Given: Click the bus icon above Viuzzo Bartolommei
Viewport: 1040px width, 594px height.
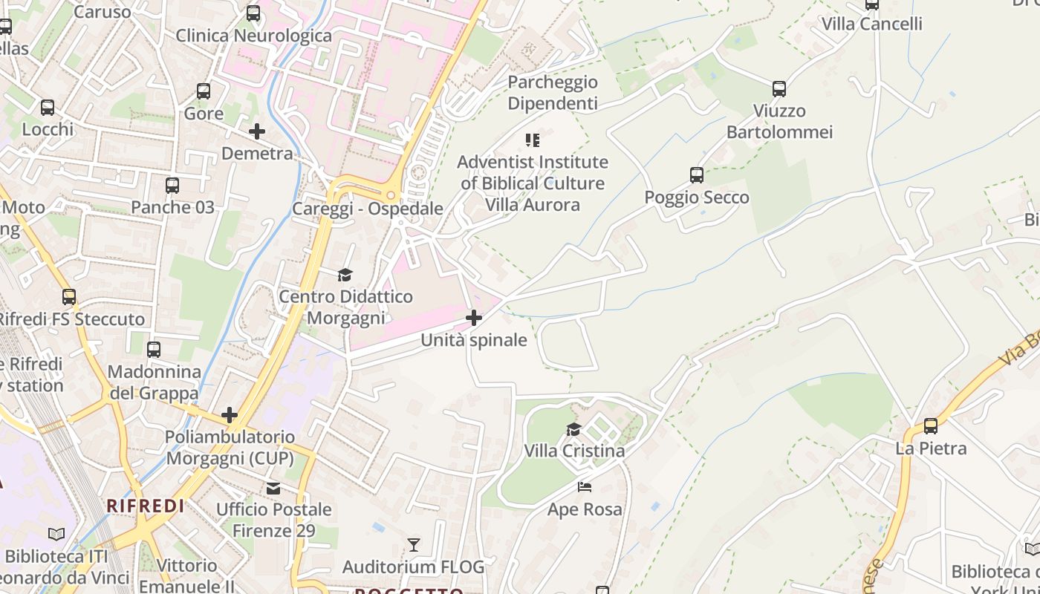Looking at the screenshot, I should click(x=779, y=89).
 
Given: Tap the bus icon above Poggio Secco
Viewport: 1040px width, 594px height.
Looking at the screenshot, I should click(x=697, y=175).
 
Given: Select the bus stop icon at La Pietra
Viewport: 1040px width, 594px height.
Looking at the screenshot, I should click(x=931, y=426).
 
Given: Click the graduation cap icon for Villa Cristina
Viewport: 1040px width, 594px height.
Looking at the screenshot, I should click(x=573, y=429).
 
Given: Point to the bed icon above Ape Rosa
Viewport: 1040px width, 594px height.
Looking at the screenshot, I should click(x=585, y=487).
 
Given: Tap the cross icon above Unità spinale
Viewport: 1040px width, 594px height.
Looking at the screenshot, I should click(x=473, y=318).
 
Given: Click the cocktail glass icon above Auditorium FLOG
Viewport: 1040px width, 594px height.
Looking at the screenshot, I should click(x=414, y=545).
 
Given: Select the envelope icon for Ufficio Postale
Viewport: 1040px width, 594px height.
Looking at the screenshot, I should click(x=273, y=488).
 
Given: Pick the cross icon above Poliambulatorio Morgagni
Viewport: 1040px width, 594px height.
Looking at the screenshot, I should click(x=230, y=414).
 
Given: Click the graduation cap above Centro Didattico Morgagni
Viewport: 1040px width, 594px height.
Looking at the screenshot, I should click(x=345, y=275).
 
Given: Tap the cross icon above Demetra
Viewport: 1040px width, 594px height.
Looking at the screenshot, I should click(x=257, y=131).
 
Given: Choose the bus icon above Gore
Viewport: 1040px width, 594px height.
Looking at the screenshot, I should click(x=204, y=91).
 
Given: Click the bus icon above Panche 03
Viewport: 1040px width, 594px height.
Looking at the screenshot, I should click(x=172, y=185).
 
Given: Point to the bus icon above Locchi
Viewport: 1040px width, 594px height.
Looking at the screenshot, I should click(x=48, y=107).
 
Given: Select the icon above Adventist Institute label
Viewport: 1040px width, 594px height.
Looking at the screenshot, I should click(x=532, y=140).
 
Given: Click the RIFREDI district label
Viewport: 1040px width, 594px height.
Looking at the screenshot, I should click(x=145, y=506).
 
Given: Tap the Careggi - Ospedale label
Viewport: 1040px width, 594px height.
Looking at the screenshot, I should click(x=367, y=209).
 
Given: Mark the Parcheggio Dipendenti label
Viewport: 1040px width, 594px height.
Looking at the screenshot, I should click(x=553, y=93).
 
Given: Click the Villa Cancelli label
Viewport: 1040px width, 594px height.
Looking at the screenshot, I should click(x=871, y=24).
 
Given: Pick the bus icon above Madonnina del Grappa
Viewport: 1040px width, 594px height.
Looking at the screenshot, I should click(x=154, y=349).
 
